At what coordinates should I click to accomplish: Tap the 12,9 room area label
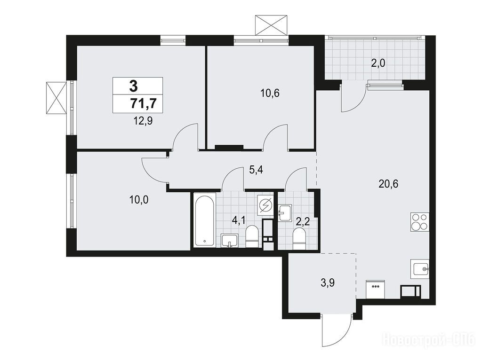point(143,121)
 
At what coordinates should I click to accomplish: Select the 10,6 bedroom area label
point(270,93)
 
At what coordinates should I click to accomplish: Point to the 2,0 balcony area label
point(378,63)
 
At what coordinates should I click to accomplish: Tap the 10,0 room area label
point(139,200)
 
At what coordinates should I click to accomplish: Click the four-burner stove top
point(419,222)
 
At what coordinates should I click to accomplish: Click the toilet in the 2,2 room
point(299,239)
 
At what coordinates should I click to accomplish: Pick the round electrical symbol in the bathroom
point(265,205)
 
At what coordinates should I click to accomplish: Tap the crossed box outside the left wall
point(56,98)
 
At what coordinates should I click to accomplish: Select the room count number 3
point(134,86)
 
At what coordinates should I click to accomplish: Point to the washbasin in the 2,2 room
point(285,212)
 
